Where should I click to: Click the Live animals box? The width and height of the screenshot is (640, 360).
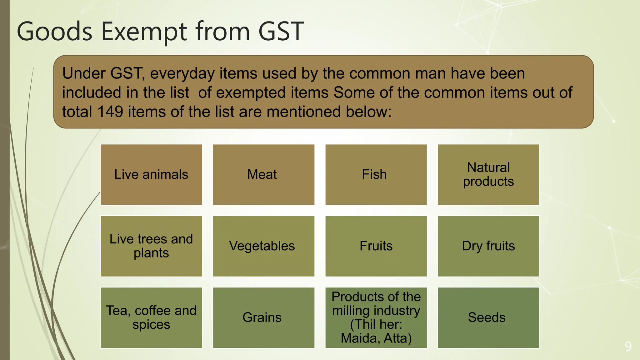point(151,175)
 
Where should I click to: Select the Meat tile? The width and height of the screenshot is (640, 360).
point(263,175)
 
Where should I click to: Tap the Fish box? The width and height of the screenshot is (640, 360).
point(376,175)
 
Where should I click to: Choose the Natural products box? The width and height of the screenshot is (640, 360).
point(488,175)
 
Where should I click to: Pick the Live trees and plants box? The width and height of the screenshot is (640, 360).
point(151,246)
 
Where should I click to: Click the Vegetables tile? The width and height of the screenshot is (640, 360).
point(263,246)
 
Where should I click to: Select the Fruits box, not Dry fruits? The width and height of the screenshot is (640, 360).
point(376,246)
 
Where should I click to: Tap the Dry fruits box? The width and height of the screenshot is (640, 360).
point(488,246)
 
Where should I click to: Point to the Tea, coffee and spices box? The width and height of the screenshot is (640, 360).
point(151,317)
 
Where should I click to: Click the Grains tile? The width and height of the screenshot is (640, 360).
point(263,317)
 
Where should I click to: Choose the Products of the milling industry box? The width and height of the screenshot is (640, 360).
point(376,317)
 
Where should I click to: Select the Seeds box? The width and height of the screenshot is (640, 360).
point(488,317)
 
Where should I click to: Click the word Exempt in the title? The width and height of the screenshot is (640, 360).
point(144,31)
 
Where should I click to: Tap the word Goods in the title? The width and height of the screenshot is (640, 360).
point(54,31)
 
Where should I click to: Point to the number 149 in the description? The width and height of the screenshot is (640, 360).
point(110,112)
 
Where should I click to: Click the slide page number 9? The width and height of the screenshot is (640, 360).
point(628,347)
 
